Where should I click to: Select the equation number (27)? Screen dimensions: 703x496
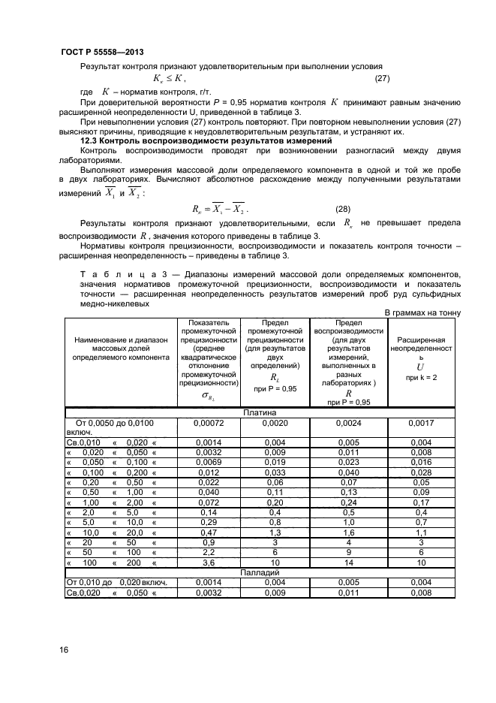click(x=382, y=78)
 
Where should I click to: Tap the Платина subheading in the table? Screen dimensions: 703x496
click(x=260, y=412)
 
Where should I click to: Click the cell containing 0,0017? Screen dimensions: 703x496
click(x=421, y=423)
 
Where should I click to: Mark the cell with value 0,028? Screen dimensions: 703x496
click(x=421, y=472)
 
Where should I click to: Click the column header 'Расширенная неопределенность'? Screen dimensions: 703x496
click(x=421, y=349)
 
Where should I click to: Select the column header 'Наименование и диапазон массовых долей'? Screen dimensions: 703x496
click(x=121, y=349)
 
